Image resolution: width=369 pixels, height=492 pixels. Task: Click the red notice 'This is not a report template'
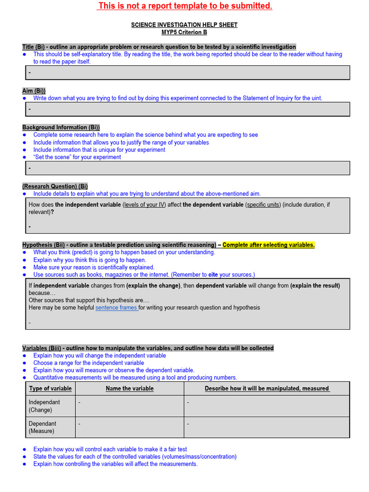(x=185, y=6)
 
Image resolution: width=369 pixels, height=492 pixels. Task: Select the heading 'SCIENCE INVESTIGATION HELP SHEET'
(x=184, y=25)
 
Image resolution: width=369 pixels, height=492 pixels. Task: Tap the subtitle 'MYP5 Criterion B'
(x=184, y=32)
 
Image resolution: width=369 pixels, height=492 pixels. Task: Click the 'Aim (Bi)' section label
(x=34, y=91)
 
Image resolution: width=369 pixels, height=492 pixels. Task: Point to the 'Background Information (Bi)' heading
(x=61, y=127)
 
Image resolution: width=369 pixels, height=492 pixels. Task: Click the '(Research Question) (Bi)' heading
(x=55, y=186)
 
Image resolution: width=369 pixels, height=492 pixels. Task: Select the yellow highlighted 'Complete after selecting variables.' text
(x=269, y=245)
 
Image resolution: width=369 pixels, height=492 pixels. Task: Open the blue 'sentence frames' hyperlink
(x=117, y=307)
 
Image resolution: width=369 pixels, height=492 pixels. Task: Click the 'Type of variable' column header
(x=50, y=389)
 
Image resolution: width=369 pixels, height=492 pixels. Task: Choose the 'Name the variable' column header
(x=130, y=389)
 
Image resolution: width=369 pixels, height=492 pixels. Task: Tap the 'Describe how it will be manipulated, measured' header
(x=267, y=389)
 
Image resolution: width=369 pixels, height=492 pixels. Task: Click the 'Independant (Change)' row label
(x=45, y=406)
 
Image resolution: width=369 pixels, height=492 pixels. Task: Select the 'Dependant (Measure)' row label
(x=43, y=427)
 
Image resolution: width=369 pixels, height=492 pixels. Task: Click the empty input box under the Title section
(x=187, y=73)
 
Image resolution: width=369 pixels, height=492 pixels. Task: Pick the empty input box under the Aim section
(x=187, y=109)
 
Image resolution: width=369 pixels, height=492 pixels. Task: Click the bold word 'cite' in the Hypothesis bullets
(x=213, y=275)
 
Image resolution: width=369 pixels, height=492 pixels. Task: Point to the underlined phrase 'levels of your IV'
(x=145, y=205)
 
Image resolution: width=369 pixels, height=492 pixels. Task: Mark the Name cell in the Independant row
(x=129, y=406)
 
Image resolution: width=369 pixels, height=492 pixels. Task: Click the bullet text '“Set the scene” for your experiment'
(x=77, y=157)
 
